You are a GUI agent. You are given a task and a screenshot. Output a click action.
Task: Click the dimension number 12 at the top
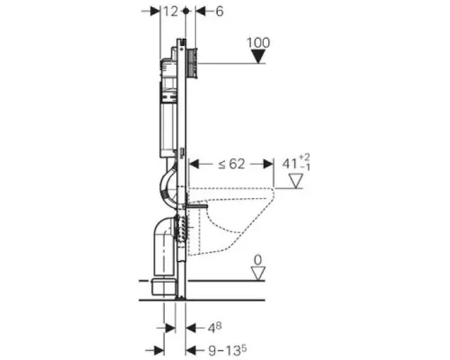coord(171,12)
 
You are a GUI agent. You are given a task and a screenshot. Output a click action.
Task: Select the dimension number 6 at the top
coord(220,12)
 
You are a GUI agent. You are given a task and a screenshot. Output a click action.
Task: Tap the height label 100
coord(258,42)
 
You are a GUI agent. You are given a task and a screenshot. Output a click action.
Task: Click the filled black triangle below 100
coord(258,57)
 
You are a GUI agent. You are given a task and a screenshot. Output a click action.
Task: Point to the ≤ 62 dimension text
coord(231,164)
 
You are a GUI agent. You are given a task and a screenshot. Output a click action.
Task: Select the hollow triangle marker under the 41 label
coord(295,181)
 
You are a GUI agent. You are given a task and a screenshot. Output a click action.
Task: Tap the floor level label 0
coord(258,260)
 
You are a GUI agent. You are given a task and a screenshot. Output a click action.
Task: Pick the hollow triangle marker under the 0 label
coord(258,274)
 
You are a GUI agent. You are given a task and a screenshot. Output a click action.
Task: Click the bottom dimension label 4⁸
coord(214,328)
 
